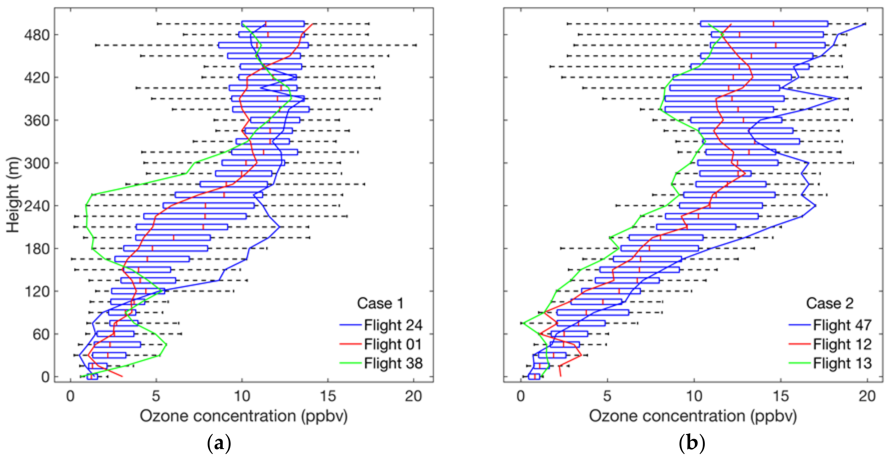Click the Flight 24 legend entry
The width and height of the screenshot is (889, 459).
(393, 325)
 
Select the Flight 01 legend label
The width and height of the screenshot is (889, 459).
(393, 344)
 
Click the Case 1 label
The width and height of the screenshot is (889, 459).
(380, 303)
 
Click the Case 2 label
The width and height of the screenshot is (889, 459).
(829, 303)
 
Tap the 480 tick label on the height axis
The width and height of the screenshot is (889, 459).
(37, 35)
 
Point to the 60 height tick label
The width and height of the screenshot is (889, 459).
(41, 334)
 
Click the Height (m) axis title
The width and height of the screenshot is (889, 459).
(13, 195)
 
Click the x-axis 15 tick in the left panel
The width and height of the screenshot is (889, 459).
(327, 396)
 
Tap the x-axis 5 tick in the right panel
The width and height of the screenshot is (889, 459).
(607, 396)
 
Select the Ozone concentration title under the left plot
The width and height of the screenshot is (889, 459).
(243, 416)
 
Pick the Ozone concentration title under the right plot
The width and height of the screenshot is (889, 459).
(693, 416)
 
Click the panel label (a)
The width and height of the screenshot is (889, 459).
(218, 443)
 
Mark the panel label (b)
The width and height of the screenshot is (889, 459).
(692, 443)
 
